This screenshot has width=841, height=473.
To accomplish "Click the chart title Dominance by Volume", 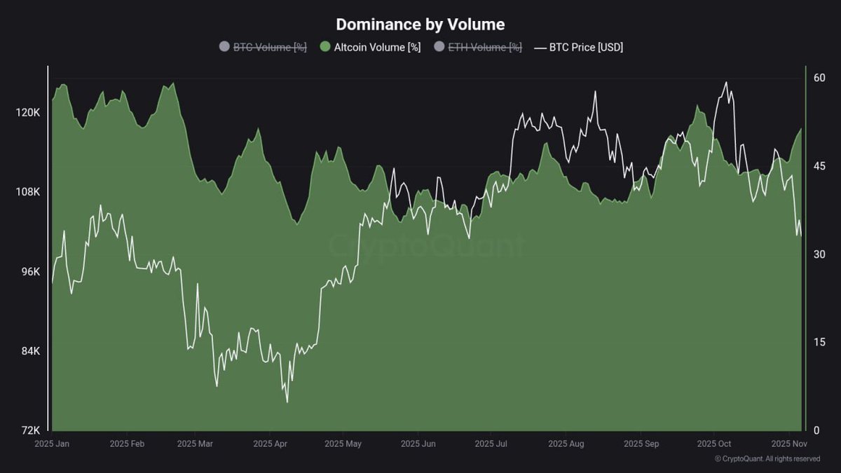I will [x=420, y=24].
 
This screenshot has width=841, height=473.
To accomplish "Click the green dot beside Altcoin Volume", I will [x=324, y=47].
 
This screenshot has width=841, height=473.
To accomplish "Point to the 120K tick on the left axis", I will [x=29, y=112].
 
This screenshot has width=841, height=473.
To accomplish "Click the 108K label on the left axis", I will [x=29, y=192].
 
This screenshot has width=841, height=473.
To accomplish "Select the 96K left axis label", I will [x=31, y=272].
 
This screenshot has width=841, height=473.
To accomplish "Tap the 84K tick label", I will [x=31, y=351].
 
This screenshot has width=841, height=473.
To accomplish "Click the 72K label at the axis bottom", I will [x=31, y=430].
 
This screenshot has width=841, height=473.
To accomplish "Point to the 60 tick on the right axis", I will [x=819, y=78].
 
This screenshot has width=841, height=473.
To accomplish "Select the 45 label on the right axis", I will [x=819, y=166].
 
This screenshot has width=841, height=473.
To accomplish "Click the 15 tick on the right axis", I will [x=819, y=342].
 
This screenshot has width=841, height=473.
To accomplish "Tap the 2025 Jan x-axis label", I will [x=53, y=444].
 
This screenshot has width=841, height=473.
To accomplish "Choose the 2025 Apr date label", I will [x=271, y=444].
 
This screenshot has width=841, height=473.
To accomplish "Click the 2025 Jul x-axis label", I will [x=491, y=444].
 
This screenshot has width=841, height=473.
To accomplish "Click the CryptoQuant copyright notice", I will [x=767, y=459].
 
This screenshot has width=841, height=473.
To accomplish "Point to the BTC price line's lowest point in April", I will [x=287, y=402].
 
